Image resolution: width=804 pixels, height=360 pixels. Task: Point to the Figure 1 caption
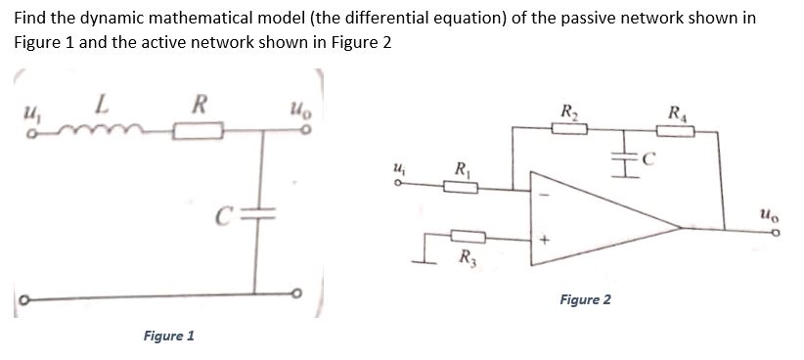[168, 336]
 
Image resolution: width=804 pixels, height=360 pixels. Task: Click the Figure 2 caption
[585, 298]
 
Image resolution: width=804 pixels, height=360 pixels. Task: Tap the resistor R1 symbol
[458, 188]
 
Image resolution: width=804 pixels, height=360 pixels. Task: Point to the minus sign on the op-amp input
[548, 191]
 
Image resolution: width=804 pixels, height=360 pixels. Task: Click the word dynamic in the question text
[106, 19]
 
